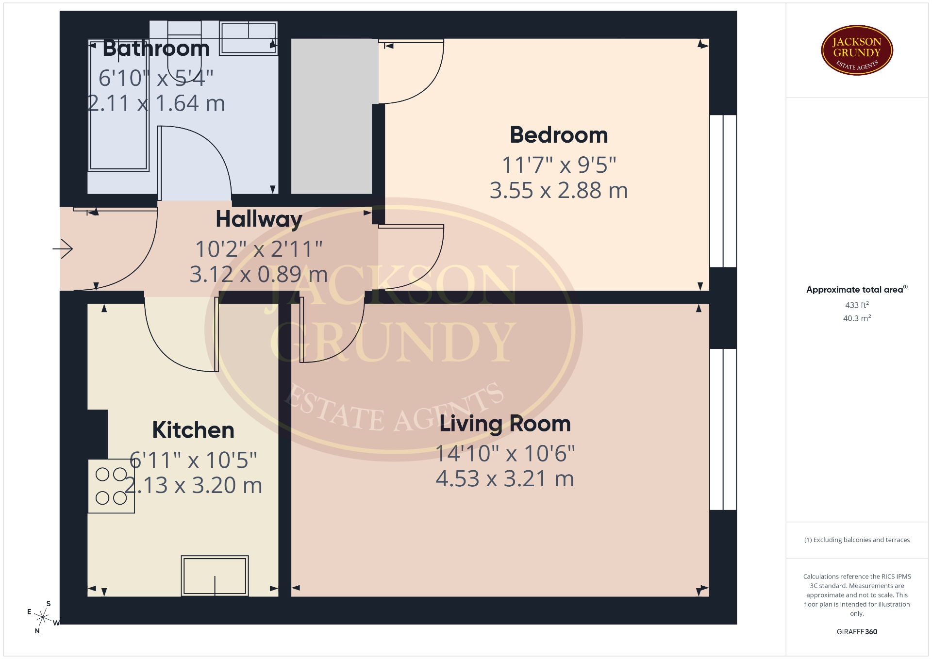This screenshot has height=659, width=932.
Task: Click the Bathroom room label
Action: tap(156, 49)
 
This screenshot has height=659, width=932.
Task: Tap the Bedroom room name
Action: tap(559, 135)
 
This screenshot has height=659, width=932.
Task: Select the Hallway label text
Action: tap(259, 219)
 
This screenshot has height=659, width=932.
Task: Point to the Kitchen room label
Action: tap(193, 430)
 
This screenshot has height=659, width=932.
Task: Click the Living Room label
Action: tap(505, 424)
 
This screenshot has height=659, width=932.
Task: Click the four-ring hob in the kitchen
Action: tap(111, 486)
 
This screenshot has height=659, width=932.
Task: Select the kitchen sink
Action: tap(215, 576)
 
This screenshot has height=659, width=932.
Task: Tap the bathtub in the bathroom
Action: tap(118, 106)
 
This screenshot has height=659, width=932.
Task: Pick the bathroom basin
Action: tap(249, 38)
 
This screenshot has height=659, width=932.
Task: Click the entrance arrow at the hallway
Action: tap(63, 249)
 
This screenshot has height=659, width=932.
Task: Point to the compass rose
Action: tap(43, 617)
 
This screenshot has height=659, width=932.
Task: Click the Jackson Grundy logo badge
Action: tap(857, 50)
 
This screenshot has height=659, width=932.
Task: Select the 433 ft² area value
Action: tap(857, 305)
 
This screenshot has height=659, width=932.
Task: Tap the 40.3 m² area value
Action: tap(857, 318)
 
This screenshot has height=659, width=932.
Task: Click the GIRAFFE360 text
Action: tap(857, 632)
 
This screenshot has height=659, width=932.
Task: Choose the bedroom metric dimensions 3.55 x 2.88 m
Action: tap(559, 191)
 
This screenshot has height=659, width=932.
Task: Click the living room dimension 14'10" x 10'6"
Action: tap(505, 454)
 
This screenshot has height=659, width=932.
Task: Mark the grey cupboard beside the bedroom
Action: tap(334, 116)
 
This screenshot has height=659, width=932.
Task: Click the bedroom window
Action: tap(723, 191)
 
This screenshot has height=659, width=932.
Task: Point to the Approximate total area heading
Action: tap(857, 290)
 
